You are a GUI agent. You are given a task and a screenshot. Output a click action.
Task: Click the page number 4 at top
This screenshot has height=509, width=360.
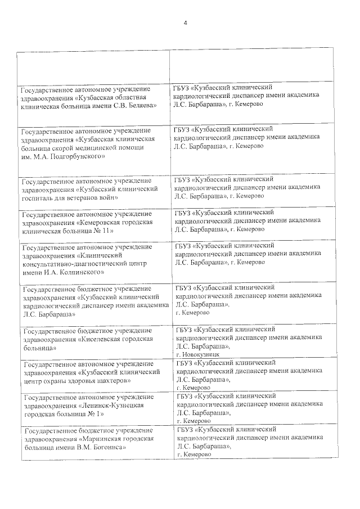pyautogui.click(x=185, y=22)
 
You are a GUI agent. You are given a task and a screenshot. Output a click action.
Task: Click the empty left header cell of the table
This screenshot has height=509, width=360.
pyautogui.click(x=93, y=68)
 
